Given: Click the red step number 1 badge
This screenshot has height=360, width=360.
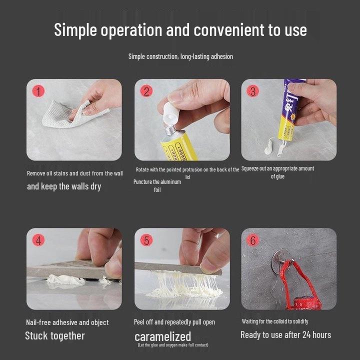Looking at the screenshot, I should coord(39,91).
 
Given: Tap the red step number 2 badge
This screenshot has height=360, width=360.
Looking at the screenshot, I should coord(146,91).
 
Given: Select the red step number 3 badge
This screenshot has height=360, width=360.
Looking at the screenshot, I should coord(253,91).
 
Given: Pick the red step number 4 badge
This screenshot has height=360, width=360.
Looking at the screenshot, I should coord(38,240).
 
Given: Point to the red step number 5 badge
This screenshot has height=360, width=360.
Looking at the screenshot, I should coord(146,240).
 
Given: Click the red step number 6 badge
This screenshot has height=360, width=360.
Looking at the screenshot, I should coord(253,240).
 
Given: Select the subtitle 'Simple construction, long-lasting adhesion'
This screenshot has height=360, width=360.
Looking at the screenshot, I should coord(180,56).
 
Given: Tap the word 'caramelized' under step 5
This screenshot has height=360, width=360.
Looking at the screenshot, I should coord(162,336).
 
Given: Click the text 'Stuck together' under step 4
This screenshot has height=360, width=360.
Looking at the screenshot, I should coord(55,335).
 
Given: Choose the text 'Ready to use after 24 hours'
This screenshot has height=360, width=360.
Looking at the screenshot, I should coord(285,335).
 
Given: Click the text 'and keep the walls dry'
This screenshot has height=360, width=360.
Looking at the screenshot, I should coord(64,186).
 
